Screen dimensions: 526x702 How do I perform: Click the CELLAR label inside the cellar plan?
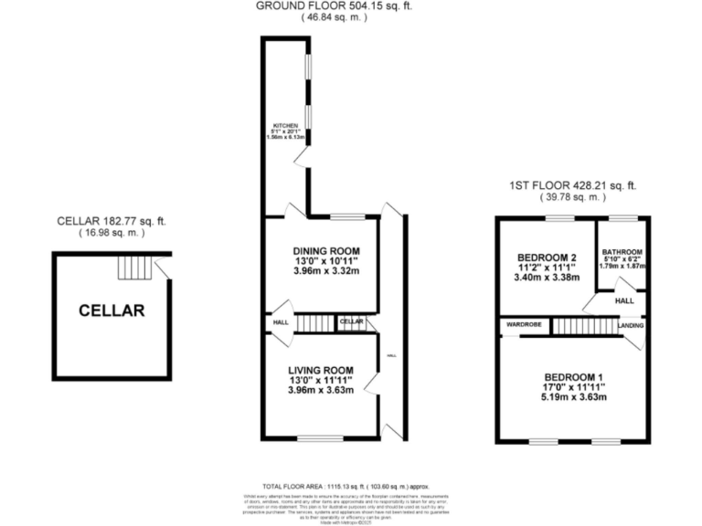112,310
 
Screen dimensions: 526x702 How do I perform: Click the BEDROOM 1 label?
574,377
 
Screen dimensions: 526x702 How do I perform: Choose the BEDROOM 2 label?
547,257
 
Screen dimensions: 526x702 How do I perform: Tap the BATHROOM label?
622,252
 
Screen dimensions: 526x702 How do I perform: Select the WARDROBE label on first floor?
520,324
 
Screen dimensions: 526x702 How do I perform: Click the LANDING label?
630,324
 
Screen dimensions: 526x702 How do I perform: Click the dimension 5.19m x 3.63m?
574,398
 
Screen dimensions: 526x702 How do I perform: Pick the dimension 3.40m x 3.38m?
547,278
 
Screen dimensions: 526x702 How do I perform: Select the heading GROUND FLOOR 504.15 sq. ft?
334,5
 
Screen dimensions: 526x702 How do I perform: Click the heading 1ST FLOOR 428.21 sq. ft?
573,185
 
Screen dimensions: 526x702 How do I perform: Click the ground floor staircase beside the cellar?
315,323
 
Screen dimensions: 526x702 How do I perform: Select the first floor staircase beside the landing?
582,325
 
